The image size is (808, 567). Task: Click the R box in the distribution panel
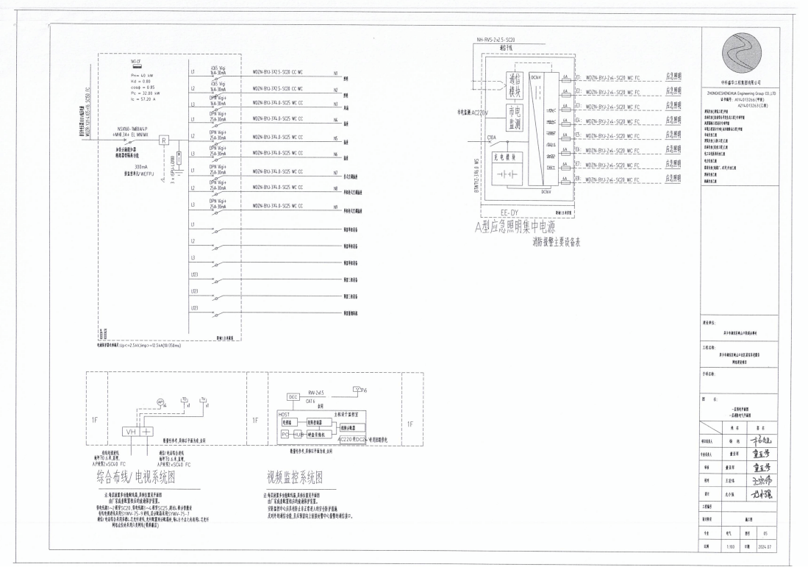165,140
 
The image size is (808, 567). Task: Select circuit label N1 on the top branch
335,74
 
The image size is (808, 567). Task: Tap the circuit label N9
335,207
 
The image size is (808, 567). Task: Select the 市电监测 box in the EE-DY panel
515,117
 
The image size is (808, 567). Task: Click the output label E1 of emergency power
578,76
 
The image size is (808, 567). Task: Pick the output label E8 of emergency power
578,179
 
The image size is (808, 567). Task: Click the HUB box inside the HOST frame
300,435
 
